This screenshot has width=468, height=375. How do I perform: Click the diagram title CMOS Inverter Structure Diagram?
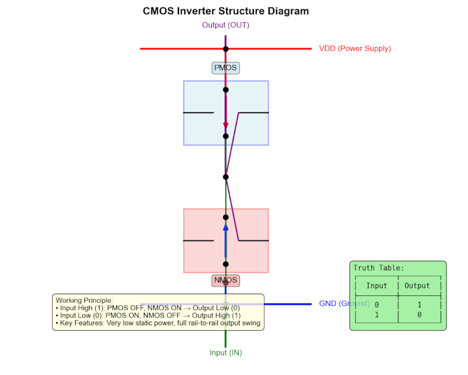pyautogui.click(x=226, y=11)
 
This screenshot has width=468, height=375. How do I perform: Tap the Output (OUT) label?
pyautogui.click(x=226, y=25)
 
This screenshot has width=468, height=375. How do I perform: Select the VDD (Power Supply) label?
pyautogui.click(x=354, y=48)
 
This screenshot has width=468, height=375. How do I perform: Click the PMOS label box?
pyautogui.click(x=225, y=68)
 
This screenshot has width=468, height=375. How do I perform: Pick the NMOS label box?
pyautogui.click(x=225, y=280)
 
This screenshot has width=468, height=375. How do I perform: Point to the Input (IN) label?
pyautogui.click(x=226, y=352)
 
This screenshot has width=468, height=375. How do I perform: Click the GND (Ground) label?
pyautogui.click(x=344, y=303)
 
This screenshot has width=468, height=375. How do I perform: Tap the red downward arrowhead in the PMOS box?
pyautogui.click(x=226, y=125)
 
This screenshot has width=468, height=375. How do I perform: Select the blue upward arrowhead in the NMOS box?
pyautogui.click(x=226, y=228)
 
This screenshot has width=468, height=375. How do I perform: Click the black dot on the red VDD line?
pyautogui.click(x=226, y=48)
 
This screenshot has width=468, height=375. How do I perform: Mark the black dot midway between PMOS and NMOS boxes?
pyautogui.click(x=226, y=177)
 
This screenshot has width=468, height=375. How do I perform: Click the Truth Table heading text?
pyautogui.click(x=378, y=268)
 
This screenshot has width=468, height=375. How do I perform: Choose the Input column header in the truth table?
pyautogui.click(x=376, y=286)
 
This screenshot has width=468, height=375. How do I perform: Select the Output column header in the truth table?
pyautogui.click(x=418, y=286)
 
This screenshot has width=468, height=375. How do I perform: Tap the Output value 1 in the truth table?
pyautogui.click(x=419, y=305)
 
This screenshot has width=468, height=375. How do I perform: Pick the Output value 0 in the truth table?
pyautogui.click(x=419, y=314)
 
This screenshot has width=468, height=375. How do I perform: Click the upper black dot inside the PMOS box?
pyautogui.click(x=226, y=89)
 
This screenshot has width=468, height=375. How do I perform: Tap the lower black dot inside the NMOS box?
pyautogui.click(x=226, y=264)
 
